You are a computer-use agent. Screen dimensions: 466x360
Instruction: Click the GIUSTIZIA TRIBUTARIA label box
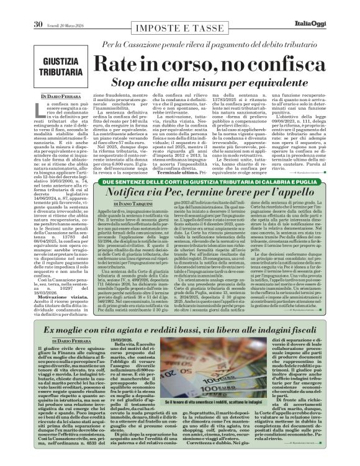click(x=65, y=65)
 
